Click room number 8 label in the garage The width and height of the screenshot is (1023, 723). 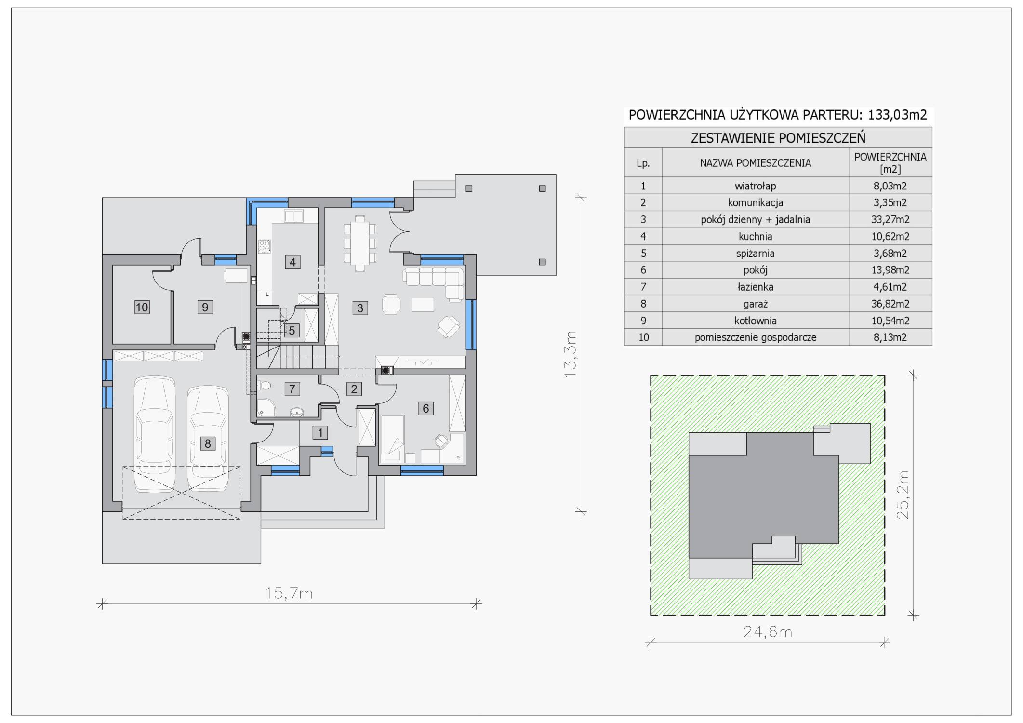(208, 443)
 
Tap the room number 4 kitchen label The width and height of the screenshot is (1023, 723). (292, 262)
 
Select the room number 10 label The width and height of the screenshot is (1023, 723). (142, 307)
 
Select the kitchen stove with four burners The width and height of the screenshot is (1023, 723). (265, 246)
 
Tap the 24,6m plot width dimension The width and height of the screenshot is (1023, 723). (768, 632)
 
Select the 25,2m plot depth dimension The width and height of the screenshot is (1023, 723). (903, 495)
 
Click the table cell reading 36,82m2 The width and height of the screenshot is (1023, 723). (890, 304)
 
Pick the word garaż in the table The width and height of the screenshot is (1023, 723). (756, 304)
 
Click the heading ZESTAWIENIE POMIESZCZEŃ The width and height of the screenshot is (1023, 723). (778, 138)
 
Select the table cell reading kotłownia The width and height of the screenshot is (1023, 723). (755, 321)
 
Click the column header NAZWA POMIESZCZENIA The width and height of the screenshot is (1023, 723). (756, 163)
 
